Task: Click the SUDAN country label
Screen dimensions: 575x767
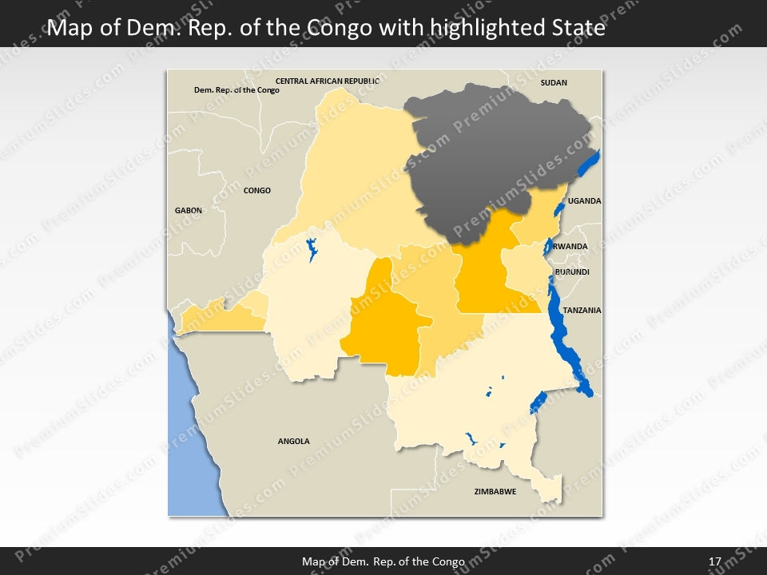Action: pyautogui.click(x=554, y=82)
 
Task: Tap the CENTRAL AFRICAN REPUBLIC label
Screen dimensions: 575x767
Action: pyautogui.click(x=327, y=81)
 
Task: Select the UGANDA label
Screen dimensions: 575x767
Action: pyautogui.click(x=584, y=201)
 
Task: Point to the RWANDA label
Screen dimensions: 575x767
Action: pyautogui.click(x=570, y=247)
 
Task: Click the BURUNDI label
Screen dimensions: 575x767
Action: pyautogui.click(x=572, y=272)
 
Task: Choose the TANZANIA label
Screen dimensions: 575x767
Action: pyautogui.click(x=582, y=310)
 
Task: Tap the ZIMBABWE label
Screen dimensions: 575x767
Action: pyautogui.click(x=495, y=491)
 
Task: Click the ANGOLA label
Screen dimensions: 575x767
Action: pyautogui.click(x=293, y=441)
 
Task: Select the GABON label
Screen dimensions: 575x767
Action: pyautogui.click(x=189, y=210)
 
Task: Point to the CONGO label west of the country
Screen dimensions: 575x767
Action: pyautogui.click(x=257, y=191)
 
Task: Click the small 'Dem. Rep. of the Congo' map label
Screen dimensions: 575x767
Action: pyautogui.click(x=236, y=90)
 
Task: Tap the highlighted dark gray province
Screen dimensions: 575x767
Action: pyautogui.click(x=487, y=152)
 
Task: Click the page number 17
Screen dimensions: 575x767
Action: pyautogui.click(x=715, y=561)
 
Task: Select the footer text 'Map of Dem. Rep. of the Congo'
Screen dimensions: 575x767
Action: pyautogui.click(x=383, y=561)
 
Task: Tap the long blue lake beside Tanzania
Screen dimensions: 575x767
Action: pyautogui.click(x=569, y=335)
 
